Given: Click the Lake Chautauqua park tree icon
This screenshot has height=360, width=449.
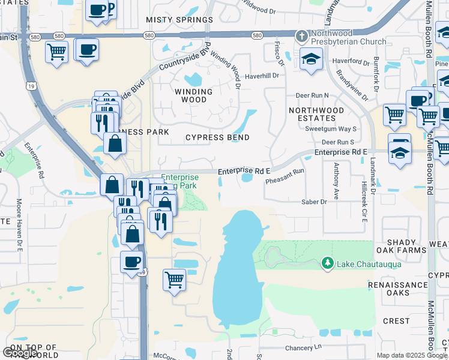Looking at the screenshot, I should [x=328, y=263].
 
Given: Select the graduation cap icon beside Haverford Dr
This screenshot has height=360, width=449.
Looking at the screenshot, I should [x=311, y=59].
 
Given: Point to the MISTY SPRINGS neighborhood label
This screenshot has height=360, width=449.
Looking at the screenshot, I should [x=179, y=20].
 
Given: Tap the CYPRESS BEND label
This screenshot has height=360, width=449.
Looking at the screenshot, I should [x=217, y=137].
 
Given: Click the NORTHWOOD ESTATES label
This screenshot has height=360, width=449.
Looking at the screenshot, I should [x=316, y=115].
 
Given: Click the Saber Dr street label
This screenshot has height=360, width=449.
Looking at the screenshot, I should [x=315, y=202].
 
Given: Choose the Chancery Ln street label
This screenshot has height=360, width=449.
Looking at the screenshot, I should [x=304, y=347].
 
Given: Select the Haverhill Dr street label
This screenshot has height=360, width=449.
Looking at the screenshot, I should [x=263, y=76].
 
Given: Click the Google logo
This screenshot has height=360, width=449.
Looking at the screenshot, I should [x=20, y=353].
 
